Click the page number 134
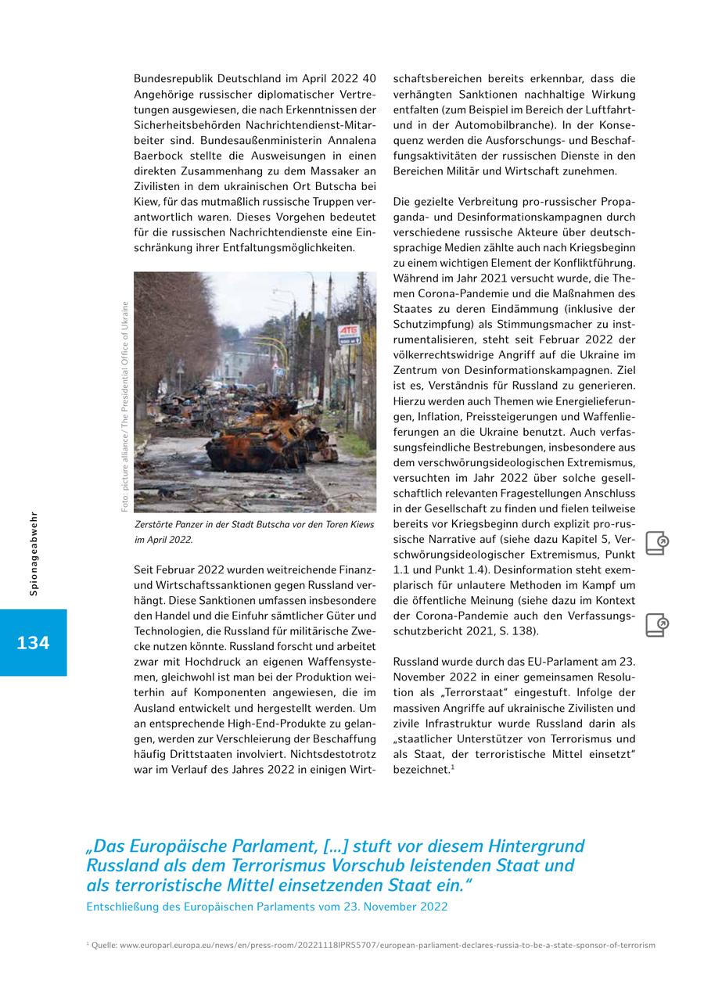coord(33,643)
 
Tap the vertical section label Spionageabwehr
coord(34,554)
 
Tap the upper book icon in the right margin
coord(657,544)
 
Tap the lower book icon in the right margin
coord(657,625)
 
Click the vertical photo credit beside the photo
coord(124,407)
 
